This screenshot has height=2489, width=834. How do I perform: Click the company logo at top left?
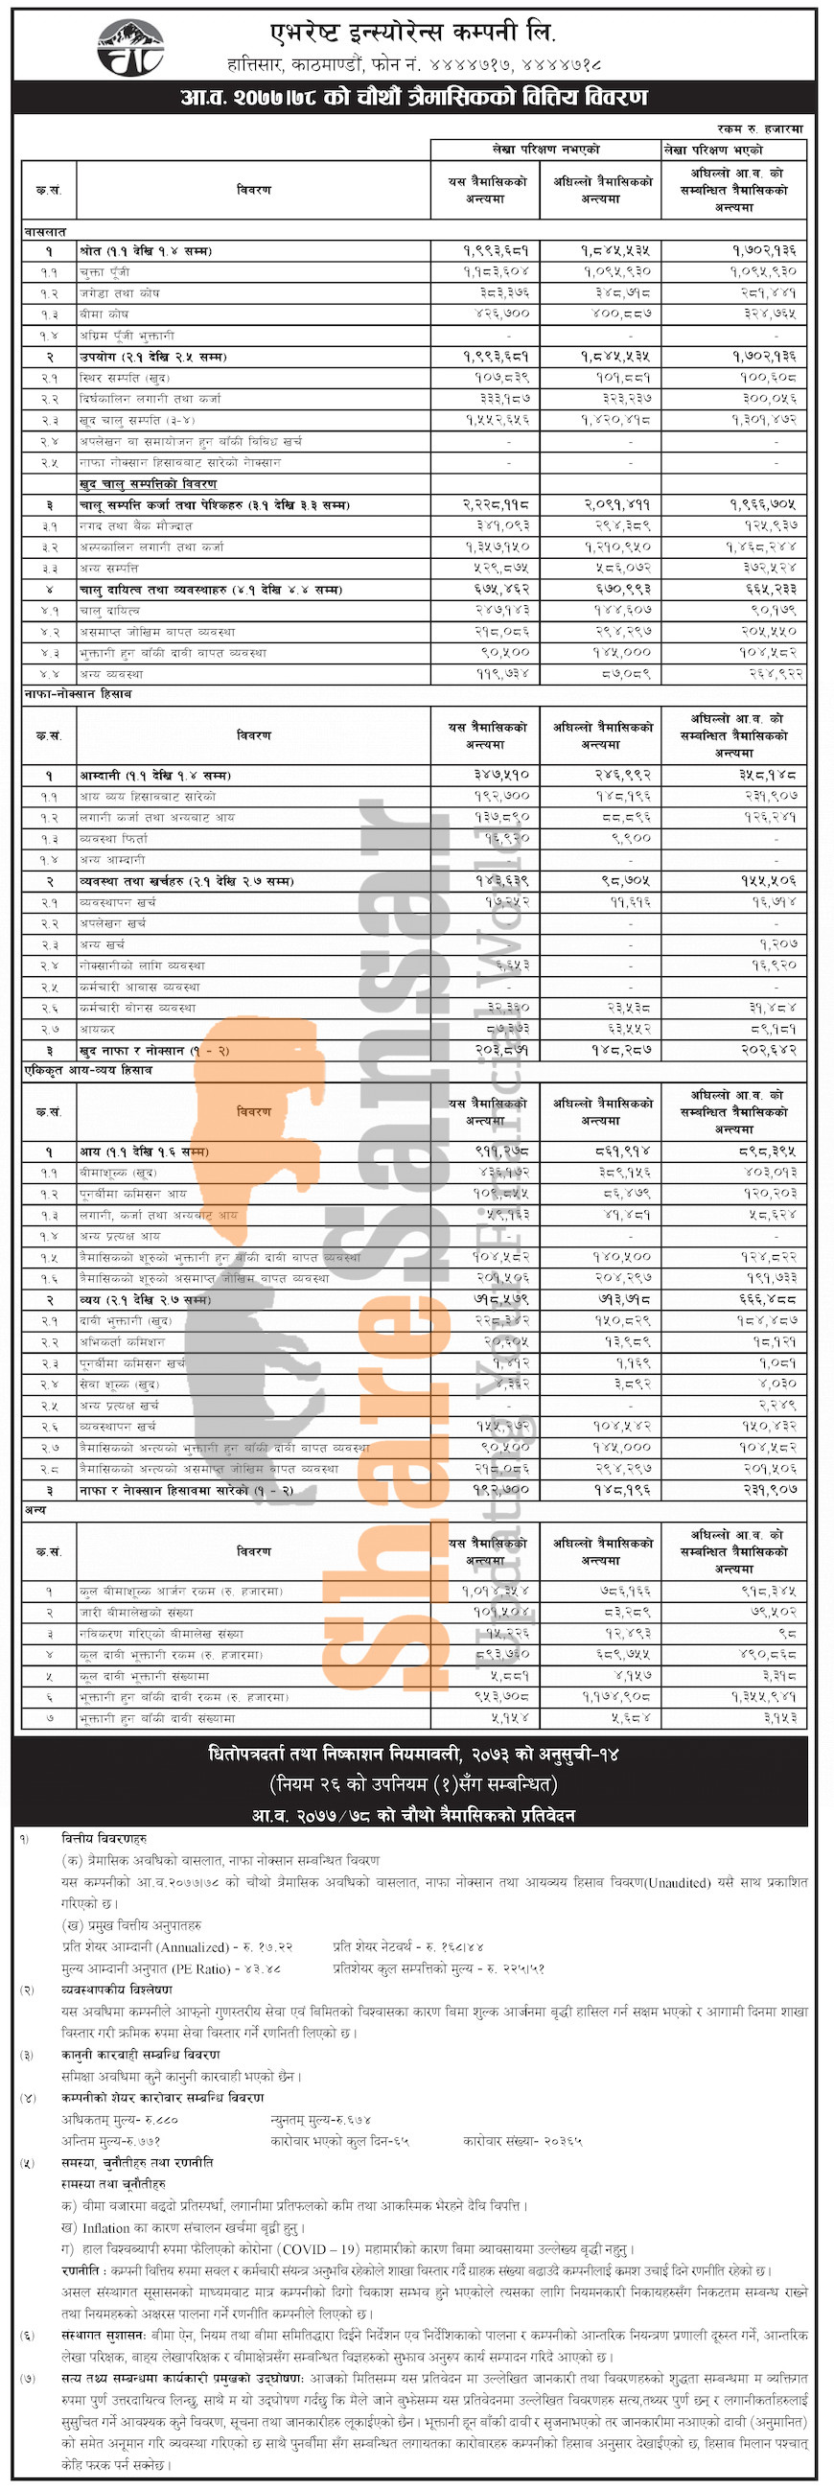pyautogui.click(x=130, y=47)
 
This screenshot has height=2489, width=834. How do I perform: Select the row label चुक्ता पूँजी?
pyautogui.click(x=105, y=271)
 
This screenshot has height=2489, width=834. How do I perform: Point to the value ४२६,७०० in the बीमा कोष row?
pyautogui.click(x=501, y=314)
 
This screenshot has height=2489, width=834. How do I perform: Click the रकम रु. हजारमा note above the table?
pyautogui.click(x=759, y=128)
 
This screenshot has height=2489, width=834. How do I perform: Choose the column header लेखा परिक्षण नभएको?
pyautogui.click(x=545, y=149)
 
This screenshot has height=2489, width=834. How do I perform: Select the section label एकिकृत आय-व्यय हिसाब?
pyautogui.click(x=88, y=1071)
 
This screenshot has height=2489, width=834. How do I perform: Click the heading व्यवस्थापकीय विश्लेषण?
pyautogui.click(x=117, y=1989)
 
